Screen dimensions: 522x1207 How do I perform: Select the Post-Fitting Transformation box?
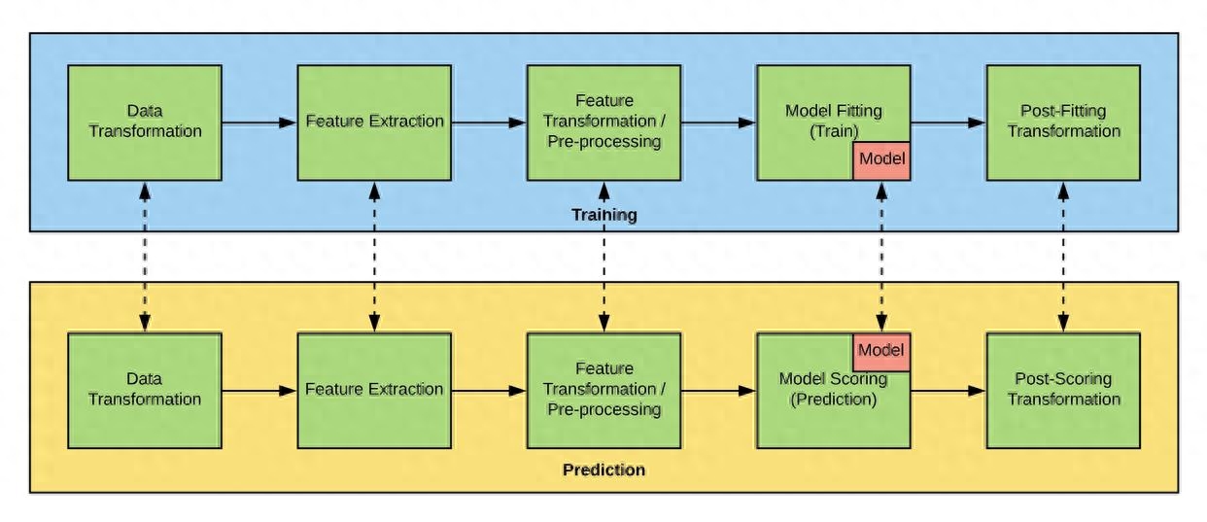pos(1063,122)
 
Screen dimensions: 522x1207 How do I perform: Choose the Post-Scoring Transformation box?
pos(1063,390)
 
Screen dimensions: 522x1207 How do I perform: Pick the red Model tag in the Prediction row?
pos(881,351)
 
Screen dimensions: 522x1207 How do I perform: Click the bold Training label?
pos(603,215)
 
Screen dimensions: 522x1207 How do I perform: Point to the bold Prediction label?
pos(603,470)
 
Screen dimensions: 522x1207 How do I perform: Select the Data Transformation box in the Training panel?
pos(145,122)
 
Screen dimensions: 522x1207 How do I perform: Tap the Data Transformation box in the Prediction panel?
pos(145,390)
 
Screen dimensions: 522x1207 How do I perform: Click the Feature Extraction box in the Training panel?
pos(374,122)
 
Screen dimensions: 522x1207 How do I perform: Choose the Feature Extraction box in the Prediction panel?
pos(374,390)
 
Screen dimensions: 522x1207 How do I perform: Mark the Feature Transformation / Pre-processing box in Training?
pos(603,122)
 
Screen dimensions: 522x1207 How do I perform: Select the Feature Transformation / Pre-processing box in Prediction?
pos(603,390)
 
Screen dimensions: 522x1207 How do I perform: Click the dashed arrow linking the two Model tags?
pos(881,256)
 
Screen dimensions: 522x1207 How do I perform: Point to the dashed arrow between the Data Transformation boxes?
pos(145,256)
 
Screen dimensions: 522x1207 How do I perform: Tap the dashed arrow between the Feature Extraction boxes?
pos(374,256)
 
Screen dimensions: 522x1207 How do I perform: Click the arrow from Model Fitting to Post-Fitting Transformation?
pos(948,122)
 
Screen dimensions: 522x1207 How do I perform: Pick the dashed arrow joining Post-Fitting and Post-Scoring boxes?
pos(1063,256)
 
